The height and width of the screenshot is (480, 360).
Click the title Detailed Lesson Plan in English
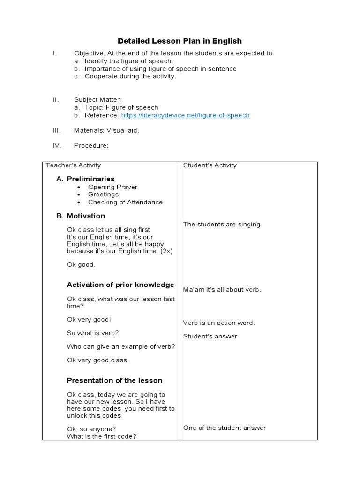point(180,41)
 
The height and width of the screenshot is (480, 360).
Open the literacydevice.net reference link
point(185,115)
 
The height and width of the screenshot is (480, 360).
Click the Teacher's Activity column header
point(73,165)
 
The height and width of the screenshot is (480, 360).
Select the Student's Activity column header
point(210,165)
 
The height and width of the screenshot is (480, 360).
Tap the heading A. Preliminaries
point(85,179)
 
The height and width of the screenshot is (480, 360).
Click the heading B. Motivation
point(81,216)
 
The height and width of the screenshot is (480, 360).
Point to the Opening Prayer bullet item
point(112,187)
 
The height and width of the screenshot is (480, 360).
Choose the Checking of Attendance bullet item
point(125,202)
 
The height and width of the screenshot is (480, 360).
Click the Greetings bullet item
point(103,195)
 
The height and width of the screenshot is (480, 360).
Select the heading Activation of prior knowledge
point(120,285)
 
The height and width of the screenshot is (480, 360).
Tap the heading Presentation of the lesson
point(114,381)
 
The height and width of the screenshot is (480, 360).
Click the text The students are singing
point(221,225)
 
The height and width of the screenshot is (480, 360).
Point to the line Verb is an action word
point(219,323)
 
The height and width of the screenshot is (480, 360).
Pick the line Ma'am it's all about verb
point(222,290)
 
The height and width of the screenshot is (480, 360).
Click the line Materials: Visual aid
point(106,131)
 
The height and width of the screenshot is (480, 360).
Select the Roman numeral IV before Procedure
point(57,146)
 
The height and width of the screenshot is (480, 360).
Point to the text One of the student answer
point(224,428)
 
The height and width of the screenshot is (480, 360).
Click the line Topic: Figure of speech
point(121,108)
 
